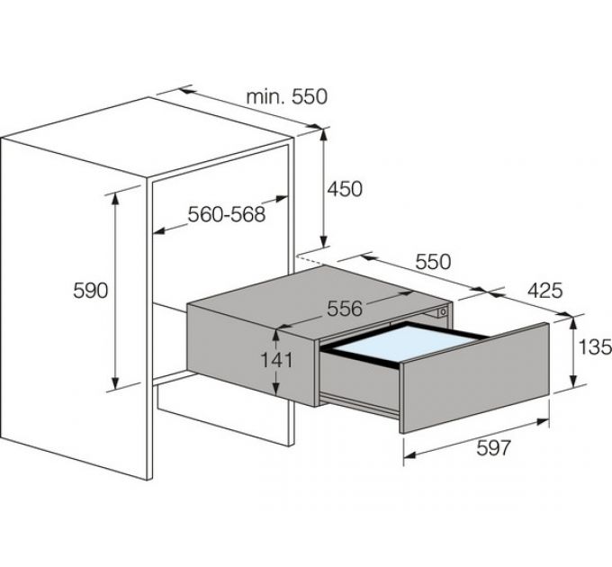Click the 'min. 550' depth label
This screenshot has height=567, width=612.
287,97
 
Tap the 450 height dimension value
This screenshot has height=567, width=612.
345,189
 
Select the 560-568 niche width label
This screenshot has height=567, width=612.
227,214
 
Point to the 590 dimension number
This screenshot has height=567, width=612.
90,291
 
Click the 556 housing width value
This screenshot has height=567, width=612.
345,309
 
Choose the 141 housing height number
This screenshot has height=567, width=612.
276,360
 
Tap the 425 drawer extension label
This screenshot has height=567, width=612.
544,291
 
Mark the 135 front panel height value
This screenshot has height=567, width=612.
595,346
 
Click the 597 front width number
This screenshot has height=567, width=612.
493,448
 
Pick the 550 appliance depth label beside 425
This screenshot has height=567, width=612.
433,262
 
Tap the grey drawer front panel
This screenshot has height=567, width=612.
475,378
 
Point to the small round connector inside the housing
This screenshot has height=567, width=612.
443,311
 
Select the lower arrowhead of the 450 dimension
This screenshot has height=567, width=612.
323,241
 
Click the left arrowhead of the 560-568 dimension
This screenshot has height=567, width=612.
159,231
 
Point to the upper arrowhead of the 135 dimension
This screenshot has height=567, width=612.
572,323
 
